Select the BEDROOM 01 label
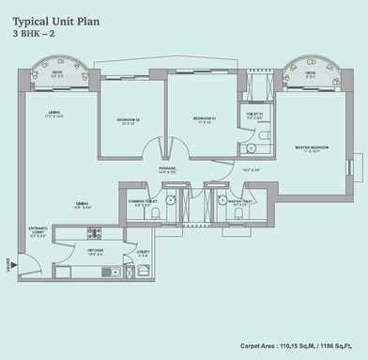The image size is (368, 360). coord(205,119)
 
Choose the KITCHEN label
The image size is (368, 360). coord(96,252)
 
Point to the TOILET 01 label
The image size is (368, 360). coord(254,116)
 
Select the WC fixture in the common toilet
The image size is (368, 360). coord(155,215)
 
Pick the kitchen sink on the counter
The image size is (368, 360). coord(106,273)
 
